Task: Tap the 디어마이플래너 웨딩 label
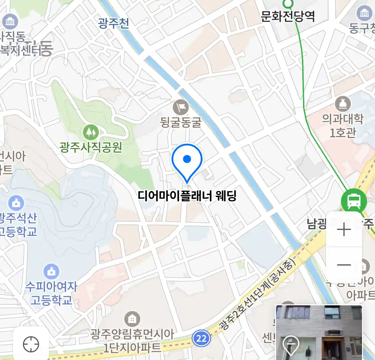click(x=187, y=196)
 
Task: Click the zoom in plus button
click(x=344, y=230)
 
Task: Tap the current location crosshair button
click(x=31, y=344)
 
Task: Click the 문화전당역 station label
click(x=288, y=16)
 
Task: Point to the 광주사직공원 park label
click(x=91, y=147)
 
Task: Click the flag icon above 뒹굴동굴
click(x=181, y=107)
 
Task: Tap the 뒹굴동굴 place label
click(x=181, y=122)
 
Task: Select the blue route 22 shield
click(x=201, y=338)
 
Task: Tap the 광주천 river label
click(x=114, y=23)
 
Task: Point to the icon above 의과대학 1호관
click(x=342, y=104)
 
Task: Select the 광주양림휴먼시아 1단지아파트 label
click(x=132, y=341)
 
